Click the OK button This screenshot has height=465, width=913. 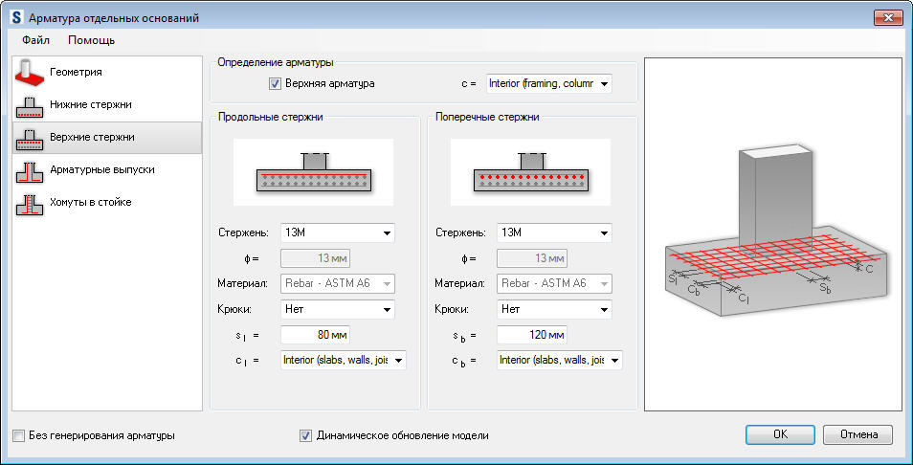780,434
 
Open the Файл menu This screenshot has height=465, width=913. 36,40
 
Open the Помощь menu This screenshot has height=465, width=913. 92,40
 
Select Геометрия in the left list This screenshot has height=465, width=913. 76,72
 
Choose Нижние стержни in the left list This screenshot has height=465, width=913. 90,104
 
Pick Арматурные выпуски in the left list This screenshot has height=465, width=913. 101,169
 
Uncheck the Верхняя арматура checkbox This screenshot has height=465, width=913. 277,83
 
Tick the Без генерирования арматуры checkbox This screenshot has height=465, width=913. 19,436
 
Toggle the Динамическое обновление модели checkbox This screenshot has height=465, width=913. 306,436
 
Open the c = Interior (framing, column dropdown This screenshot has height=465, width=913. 548,83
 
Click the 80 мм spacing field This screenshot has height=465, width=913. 315,335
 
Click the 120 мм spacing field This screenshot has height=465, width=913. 531,335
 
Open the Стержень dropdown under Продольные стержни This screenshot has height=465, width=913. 338,232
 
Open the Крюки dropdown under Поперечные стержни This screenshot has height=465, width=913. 554,309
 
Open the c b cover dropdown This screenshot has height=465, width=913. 559,360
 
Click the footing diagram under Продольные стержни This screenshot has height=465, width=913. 313,171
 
